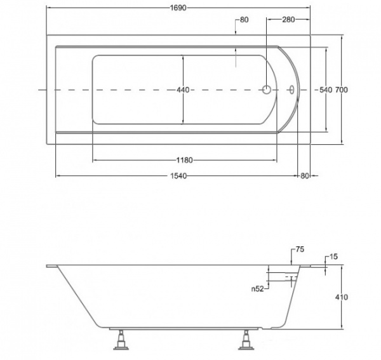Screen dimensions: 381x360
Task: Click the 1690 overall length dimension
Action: click(x=178, y=8)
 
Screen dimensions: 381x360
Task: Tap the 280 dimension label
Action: click(x=288, y=20)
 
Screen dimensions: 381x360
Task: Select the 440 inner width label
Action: click(x=183, y=90)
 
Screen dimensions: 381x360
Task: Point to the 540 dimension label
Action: click(x=326, y=90)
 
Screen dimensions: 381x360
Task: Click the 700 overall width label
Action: click(x=342, y=90)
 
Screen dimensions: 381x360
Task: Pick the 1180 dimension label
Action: click(x=184, y=160)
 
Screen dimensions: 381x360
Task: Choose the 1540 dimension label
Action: click(x=178, y=176)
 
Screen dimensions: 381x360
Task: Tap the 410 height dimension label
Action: click(x=342, y=297)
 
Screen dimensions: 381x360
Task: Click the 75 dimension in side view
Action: click(x=300, y=250)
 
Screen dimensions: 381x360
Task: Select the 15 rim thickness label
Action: click(x=334, y=257)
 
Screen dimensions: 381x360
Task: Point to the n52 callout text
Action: click(x=258, y=289)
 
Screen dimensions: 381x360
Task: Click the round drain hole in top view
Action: click(x=267, y=90)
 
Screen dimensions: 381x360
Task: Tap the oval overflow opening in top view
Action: click(x=291, y=90)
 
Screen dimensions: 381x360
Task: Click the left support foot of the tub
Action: click(x=121, y=340)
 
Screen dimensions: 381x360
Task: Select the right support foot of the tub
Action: click(x=246, y=340)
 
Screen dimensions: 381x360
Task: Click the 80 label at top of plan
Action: click(x=244, y=20)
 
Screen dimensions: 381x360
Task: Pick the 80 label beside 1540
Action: click(x=304, y=176)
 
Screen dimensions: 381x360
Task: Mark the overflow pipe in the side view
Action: click(x=291, y=279)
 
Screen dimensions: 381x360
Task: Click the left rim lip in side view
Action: click(x=52, y=266)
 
